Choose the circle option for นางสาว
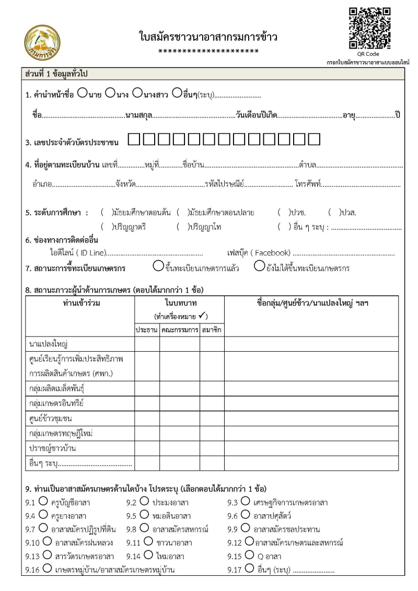(x=137, y=94)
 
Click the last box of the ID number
(x=314, y=140)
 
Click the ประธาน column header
(x=147, y=330)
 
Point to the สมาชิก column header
(x=212, y=330)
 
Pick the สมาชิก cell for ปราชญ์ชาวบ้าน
(x=212, y=448)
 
